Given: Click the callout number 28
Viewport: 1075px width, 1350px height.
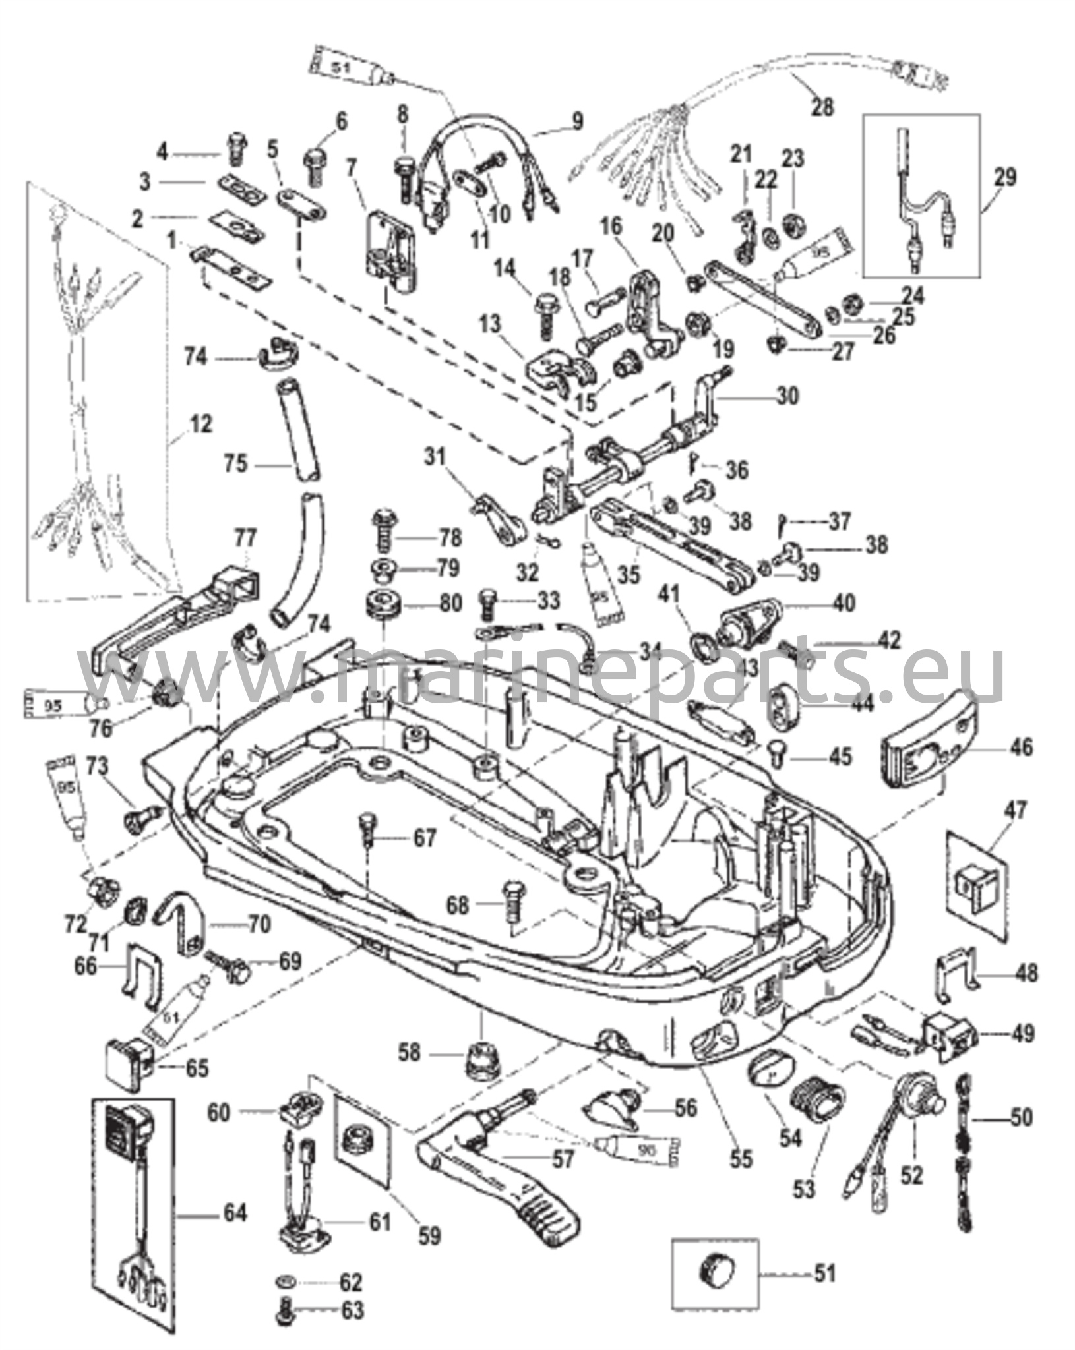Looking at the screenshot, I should tap(822, 106).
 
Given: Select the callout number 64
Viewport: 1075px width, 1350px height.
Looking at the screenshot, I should tap(234, 1212).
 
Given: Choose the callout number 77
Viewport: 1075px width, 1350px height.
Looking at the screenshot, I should tap(245, 539).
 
